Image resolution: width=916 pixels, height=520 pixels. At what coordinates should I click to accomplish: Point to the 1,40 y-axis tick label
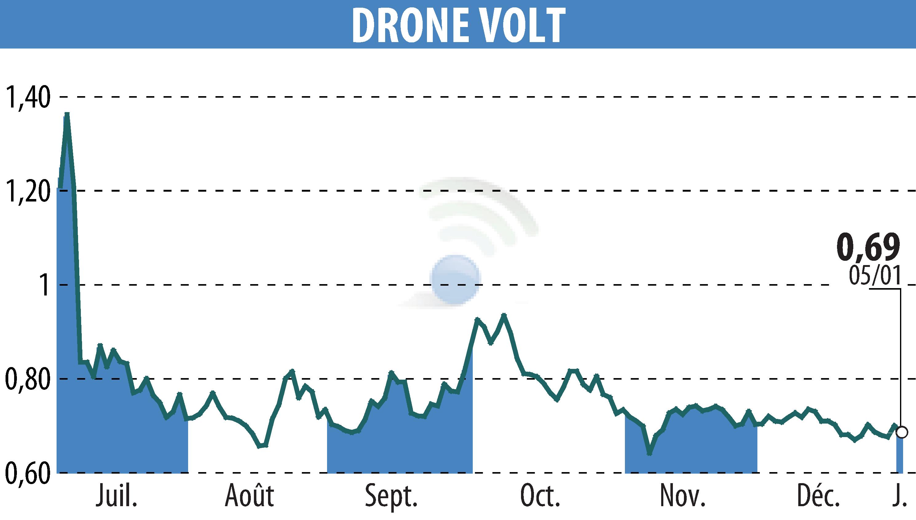tap(27, 97)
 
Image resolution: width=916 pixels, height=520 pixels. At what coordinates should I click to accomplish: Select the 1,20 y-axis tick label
tap(27, 191)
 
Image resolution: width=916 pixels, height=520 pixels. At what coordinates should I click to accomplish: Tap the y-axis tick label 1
tap(44, 285)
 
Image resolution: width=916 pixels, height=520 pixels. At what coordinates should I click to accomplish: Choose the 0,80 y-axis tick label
tap(27, 379)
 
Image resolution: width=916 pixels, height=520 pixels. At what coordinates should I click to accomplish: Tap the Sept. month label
tap(391, 496)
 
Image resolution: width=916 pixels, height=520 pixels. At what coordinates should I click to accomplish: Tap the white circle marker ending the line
tap(902, 432)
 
